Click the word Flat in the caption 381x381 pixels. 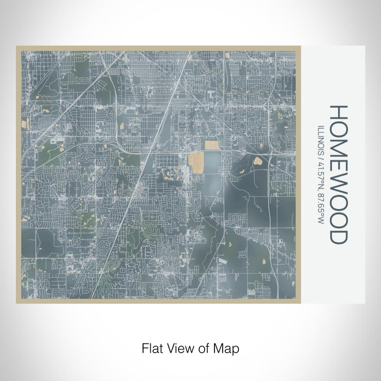pos(151,347)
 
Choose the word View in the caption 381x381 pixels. pos(177,347)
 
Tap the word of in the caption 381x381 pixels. pos(201,347)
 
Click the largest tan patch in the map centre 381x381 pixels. pos(196,163)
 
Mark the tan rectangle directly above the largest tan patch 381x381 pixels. pos(212,145)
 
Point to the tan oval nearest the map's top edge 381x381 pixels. pos(228,55)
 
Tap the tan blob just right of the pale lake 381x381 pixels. pos(256,161)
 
